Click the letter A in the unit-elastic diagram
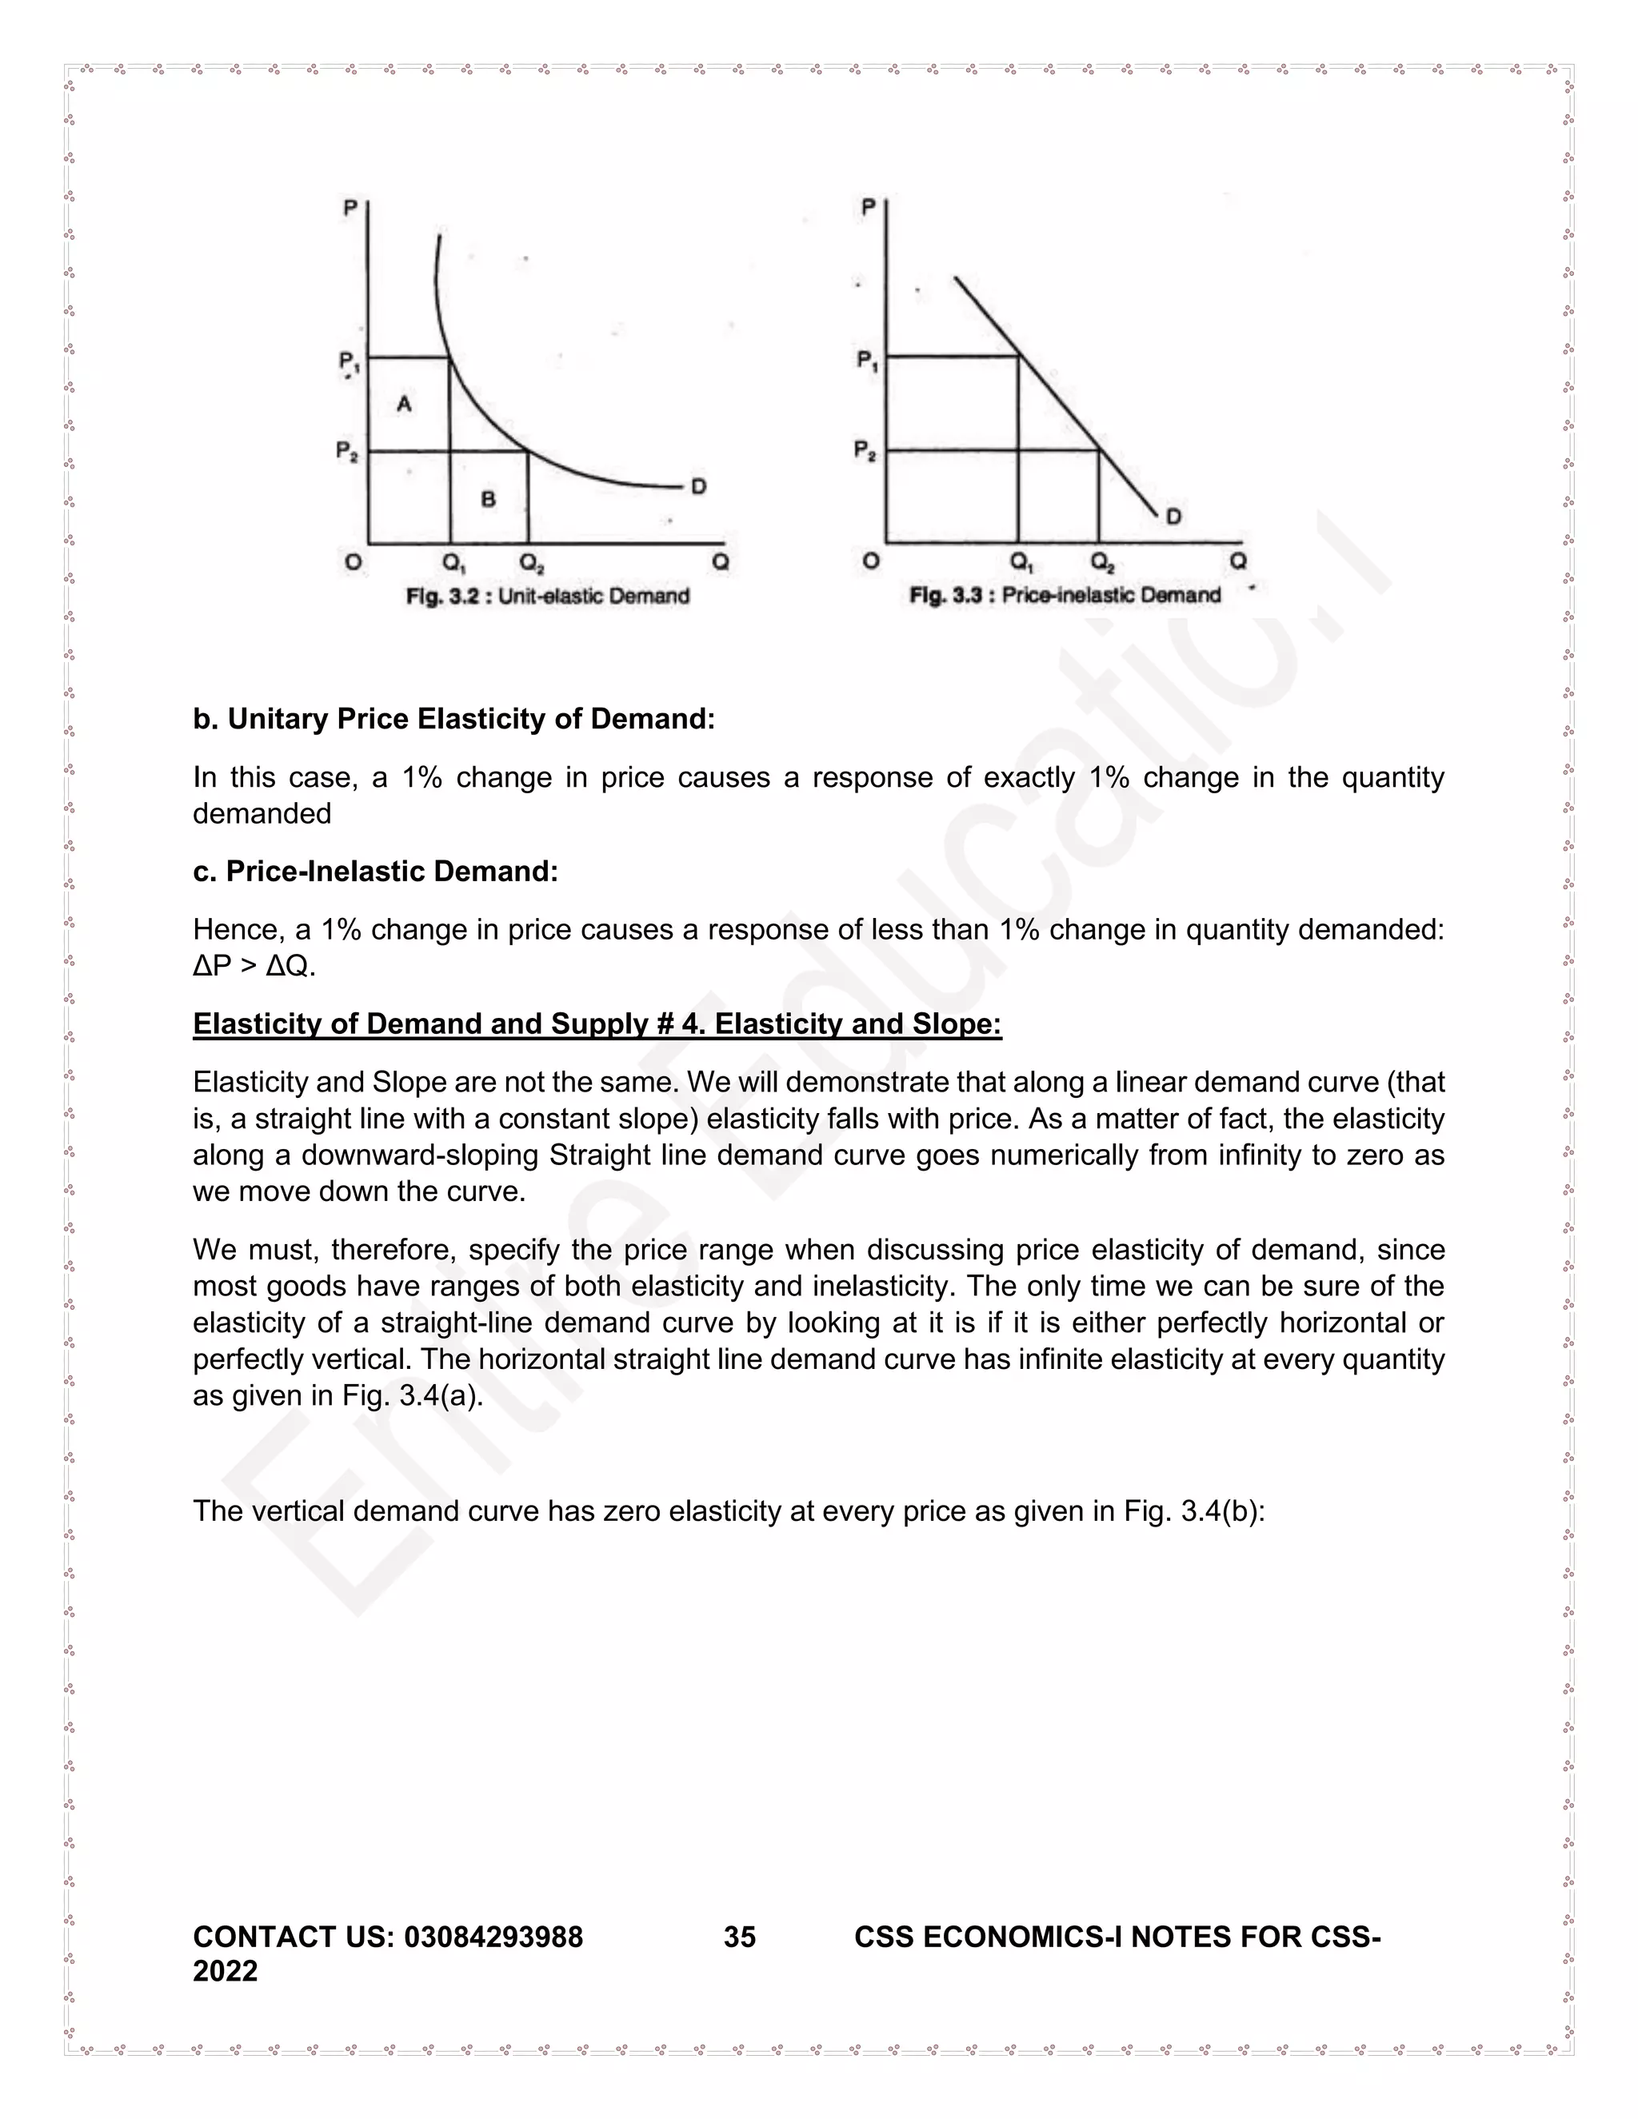pos(405,404)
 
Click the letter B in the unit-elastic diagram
pos(488,499)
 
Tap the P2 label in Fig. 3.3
pos(865,450)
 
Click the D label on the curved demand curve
pos(697,486)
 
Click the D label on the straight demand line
pos(1173,517)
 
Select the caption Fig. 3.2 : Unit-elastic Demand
pos(547,596)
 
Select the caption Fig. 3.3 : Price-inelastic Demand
pos(1065,595)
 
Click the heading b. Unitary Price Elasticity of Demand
pos(453,719)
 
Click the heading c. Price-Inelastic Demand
pos(376,872)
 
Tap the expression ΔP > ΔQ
pos(254,967)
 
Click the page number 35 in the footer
pos(740,1937)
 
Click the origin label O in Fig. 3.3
pos(870,561)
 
